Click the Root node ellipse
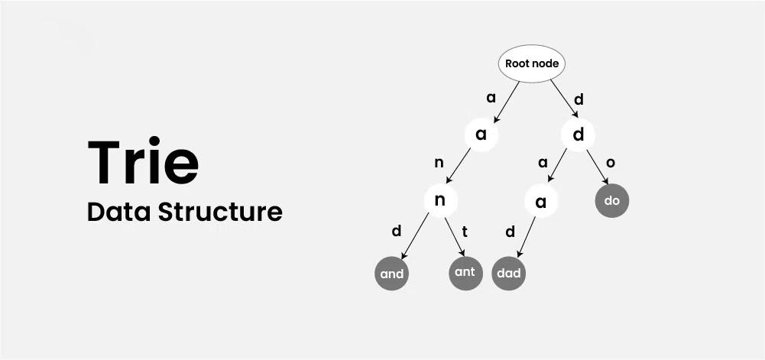click(532, 64)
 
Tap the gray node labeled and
click(392, 273)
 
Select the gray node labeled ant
click(466, 272)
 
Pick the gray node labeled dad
click(509, 273)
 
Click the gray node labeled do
click(612, 200)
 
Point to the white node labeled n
click(440, 200)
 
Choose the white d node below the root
click(578, 135)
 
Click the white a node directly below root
click(481, 134)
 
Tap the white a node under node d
click(540, 200)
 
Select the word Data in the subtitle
click(118, 212)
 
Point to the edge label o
click(611, 164)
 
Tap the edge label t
click(465, 232)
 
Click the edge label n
click(439, 164)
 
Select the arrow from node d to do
click(597, 167)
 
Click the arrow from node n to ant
click(454, 237)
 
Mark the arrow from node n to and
click(415, 236)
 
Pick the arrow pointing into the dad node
click(527, 237)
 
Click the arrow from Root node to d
click(565, 99)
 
